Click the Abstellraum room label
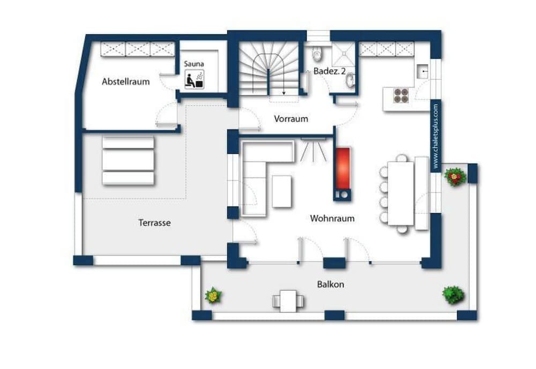(126, 82)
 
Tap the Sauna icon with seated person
(194, 80)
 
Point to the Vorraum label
(291, 119)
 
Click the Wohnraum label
(332, 219)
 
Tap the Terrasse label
(154, 222)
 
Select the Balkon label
(331, 284)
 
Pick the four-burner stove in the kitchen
(401, 95)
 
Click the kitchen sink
(423, 71)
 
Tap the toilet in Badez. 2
(317, 54)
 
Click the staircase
(268, 70)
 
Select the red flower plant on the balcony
(455, 177)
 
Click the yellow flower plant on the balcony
(213, 295)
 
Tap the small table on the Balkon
(288, 299)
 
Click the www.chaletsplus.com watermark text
(436, 137)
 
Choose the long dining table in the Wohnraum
(400, 193)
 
